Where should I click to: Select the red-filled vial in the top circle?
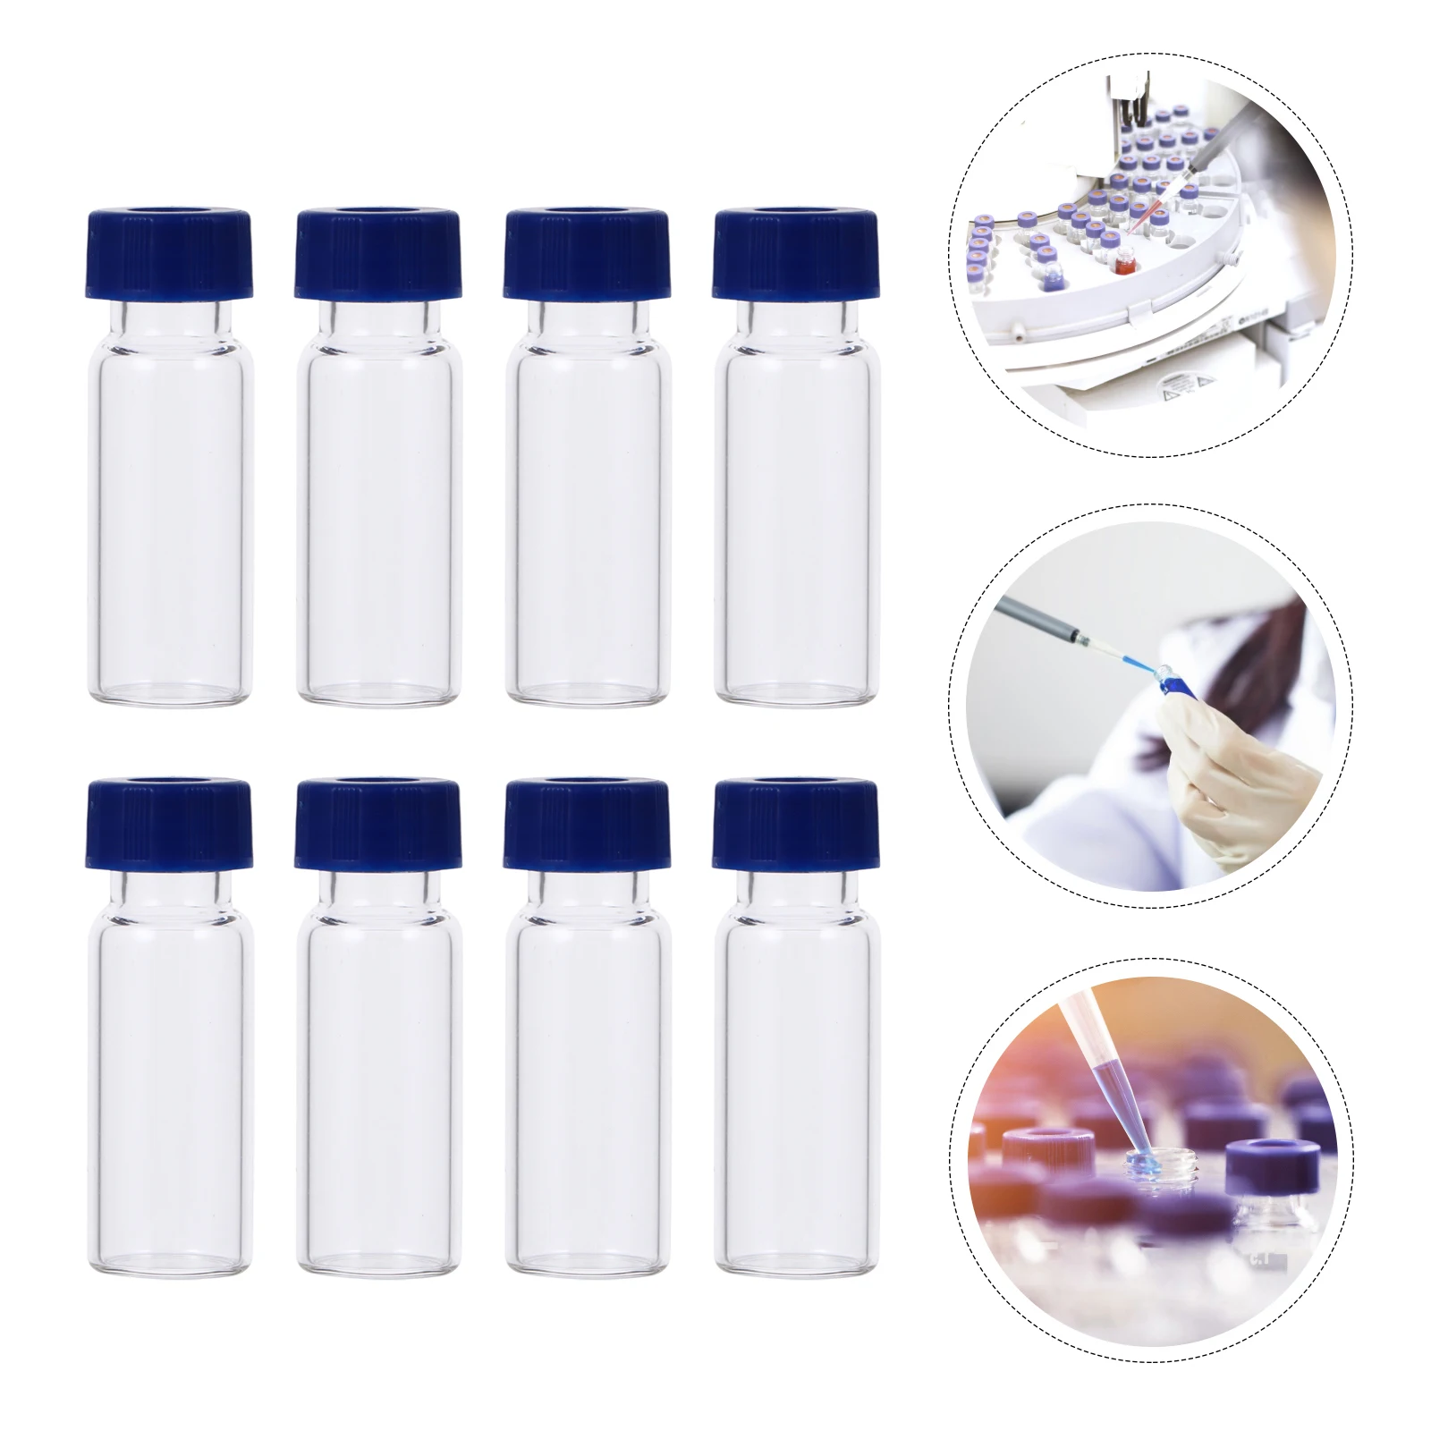[x=1125, y=265]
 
